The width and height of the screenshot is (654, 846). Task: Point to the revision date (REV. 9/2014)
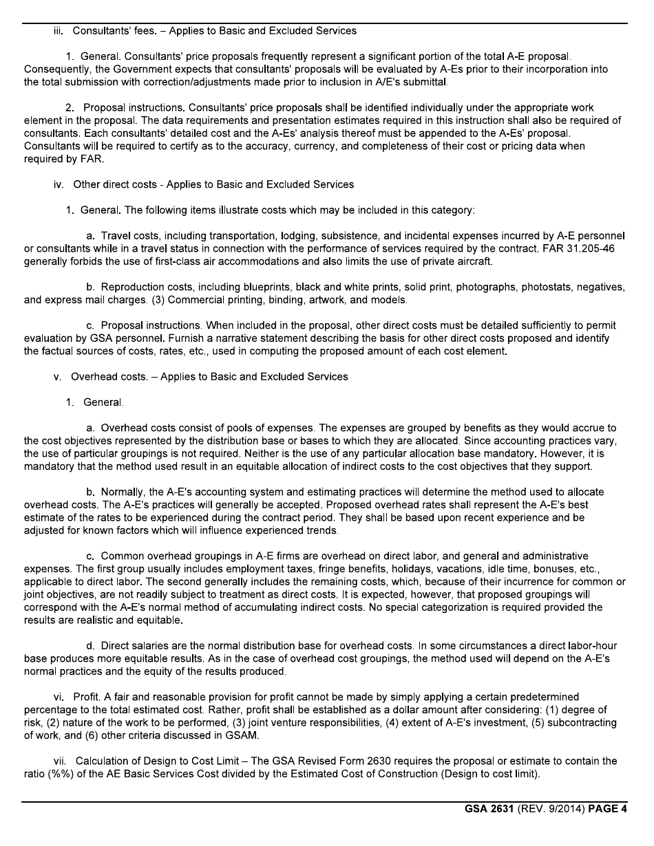click(545, 809)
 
